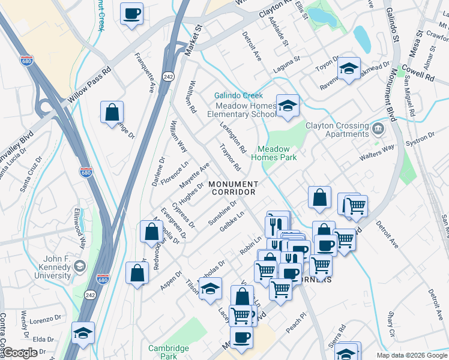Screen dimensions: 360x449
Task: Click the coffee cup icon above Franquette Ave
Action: coord(131,13)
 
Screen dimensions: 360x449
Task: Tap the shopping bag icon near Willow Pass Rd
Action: coord(112,112)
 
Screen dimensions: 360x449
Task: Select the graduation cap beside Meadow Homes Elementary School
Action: coord(288,106)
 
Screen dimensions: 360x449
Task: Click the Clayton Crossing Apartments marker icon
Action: coord(378,128)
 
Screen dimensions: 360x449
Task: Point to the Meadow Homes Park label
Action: coord(274,153)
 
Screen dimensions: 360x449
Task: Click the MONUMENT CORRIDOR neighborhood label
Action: coord(234,188)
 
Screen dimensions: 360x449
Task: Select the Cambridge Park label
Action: coord(169,351)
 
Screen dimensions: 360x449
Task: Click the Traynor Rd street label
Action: coord(229,157)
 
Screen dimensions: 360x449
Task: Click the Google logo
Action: coord(20,353)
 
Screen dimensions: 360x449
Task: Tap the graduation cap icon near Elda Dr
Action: coord(83,333)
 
